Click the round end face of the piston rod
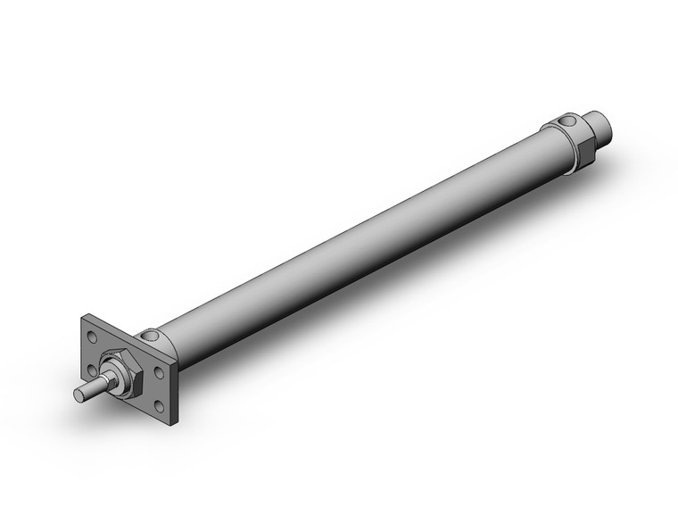point(78,395)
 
